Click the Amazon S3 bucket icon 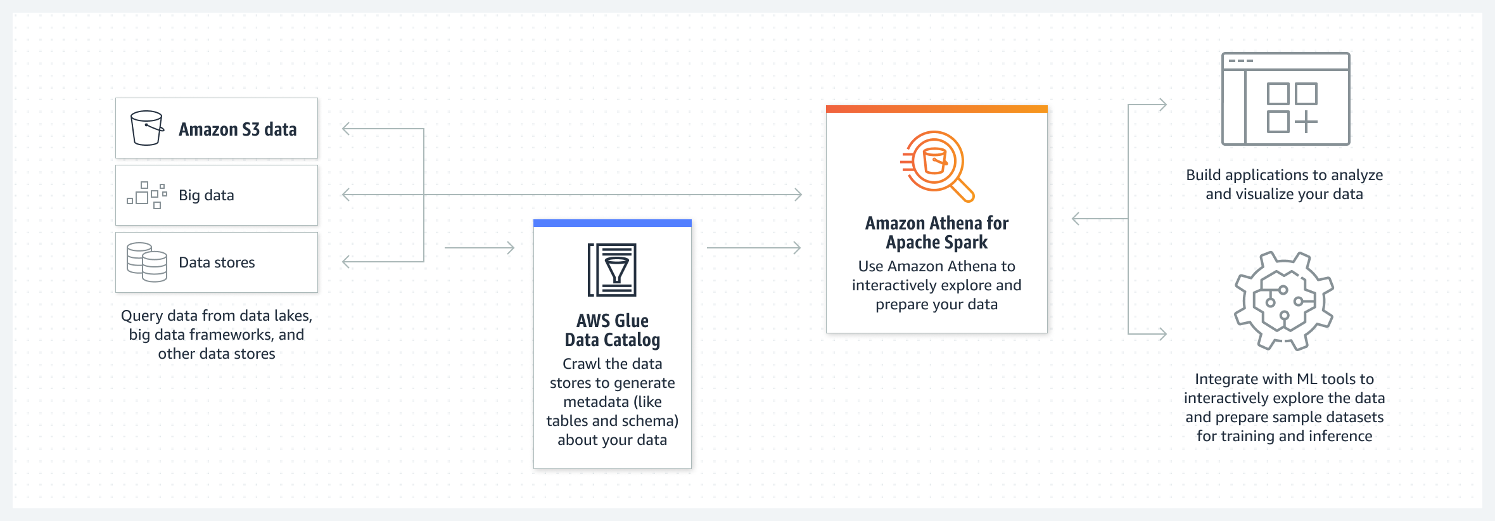point(146,128)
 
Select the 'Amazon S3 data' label point(238,129)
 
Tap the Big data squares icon point(147,195)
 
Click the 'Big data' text point(207,195)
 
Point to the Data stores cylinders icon point(147,262)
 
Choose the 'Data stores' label point(217,262)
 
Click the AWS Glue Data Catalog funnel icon point(613,270)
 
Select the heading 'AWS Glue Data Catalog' point(613,330)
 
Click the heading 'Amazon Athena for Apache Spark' point(936,233)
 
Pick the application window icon point(1285,99)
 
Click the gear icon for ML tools point(1284,301)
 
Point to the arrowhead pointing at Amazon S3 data point(347,129)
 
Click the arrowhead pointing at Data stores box point(347,261)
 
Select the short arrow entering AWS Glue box point(480,248)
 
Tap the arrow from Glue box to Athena point(754,248)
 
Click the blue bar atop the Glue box point(613,223)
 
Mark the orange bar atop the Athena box point(936,109)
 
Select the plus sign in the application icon point(1306,122)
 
